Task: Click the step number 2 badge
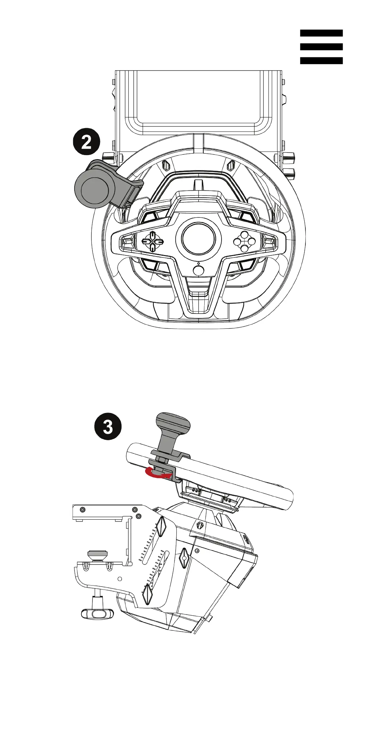tap(86, 143)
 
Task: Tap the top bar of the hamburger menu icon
tap(321, 33)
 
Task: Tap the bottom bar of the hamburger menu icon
tap(321, 61)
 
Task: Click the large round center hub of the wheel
tap(198, 237)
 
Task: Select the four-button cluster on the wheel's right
tap(244, 241)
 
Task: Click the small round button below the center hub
tap(198, 269)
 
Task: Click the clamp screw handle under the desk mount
tap(97, 614)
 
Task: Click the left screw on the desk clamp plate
tap(83, 509)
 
